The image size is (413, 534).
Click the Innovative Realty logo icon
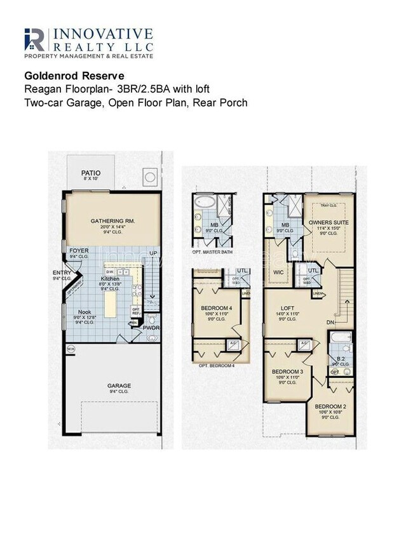click(x=34, y=39)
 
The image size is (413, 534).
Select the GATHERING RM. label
click(x=114, y=221)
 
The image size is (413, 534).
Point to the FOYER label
click(x=79, y=251)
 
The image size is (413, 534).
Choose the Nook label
click(x=85, y=312)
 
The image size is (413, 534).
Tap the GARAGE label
click(x=119, y=385)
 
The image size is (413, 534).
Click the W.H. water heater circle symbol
click(x=71, y=348)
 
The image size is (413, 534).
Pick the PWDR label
click(x=151, y=328)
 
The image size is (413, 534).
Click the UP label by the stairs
click(x=152, y=253)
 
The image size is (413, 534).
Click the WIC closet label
click(x=278, y=272)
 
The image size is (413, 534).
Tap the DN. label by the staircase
click(x=330, y=323)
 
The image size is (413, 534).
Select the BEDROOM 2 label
click(x=330, y=406)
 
